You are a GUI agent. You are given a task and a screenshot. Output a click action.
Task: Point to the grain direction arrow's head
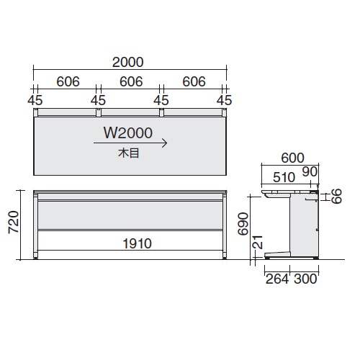point(166,143)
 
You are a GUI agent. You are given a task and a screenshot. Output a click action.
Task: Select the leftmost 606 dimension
point(65,81)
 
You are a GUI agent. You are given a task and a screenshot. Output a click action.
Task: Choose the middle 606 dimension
point(130,81)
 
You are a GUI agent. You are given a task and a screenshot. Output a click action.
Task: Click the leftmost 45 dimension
point(34,99)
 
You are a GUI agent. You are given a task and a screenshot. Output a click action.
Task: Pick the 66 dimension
point(336,195)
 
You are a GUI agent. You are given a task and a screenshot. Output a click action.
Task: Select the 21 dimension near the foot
point(257,248)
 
